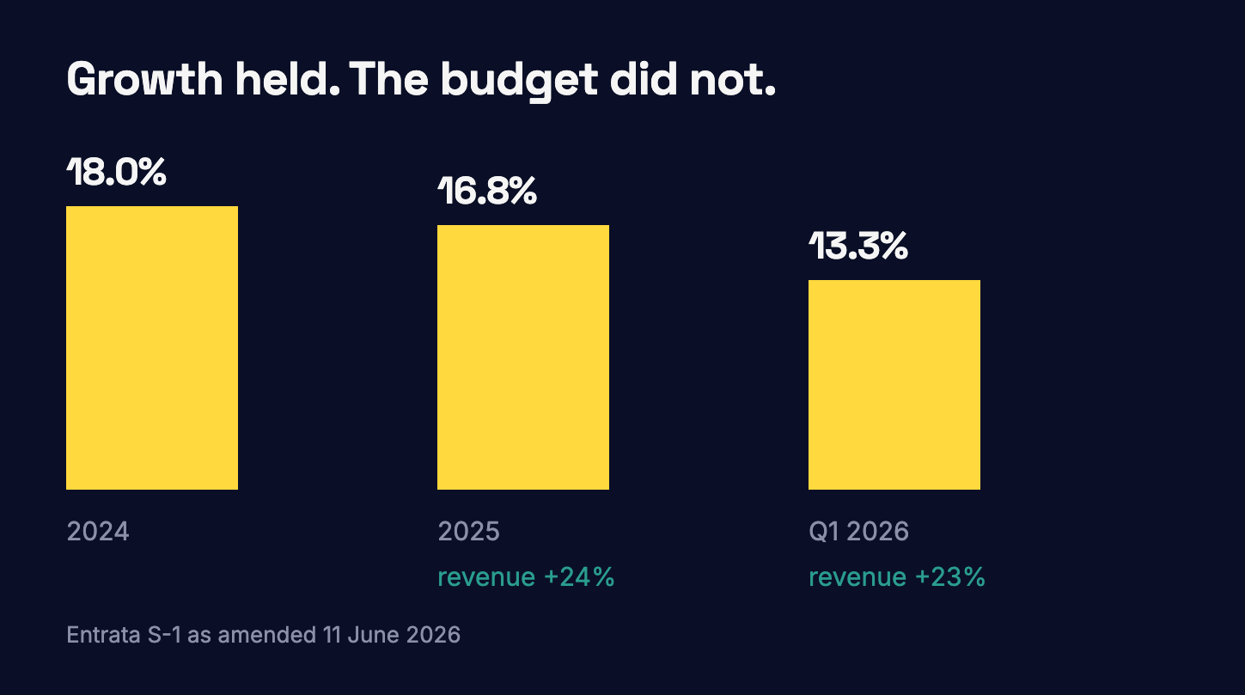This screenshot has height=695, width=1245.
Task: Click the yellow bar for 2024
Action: point(152,348)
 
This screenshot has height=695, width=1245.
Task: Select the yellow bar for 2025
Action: point(523,357)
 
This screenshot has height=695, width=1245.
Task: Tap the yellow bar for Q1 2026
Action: point(894,385)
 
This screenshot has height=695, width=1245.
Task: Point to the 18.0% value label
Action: point(116,171)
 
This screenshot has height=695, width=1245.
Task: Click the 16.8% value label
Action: point(487,191)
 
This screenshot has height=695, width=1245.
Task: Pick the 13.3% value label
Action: point(858,246)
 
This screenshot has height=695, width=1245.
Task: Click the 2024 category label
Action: point(98,531)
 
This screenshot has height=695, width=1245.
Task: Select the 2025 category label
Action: point(468,531)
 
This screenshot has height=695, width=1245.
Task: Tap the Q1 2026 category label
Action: point(858,531)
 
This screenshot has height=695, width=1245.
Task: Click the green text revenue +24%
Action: point(526,576)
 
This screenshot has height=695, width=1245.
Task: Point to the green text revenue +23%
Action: point(896,576)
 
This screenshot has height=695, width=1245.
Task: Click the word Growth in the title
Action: point(144,79)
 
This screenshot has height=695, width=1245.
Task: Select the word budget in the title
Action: point(519,81)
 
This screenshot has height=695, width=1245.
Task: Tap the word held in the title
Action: point(287,78)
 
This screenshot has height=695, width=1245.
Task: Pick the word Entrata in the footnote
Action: point(103,635)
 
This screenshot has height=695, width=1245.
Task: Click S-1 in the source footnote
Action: point(164,635)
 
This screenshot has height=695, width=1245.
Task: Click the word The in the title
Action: point(388,79)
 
